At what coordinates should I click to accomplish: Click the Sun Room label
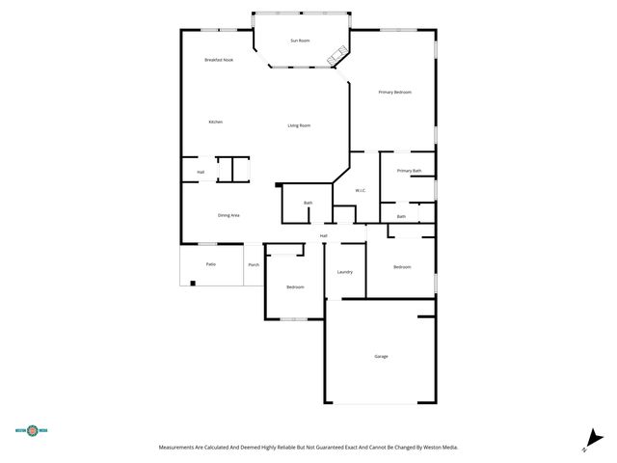click(301, 41)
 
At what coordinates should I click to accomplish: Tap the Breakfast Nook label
click(219, 61)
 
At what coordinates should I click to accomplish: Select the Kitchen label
click(216, 122)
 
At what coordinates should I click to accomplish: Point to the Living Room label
click(299, 125)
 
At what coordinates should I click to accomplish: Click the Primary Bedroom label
click(395, 92)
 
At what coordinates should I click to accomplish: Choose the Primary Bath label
click(410, 171)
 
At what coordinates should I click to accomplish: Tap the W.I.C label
click(361, 190)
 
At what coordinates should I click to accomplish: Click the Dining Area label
click(228, 215)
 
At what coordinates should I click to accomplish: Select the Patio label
click(210, 263)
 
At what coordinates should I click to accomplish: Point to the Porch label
click(254, 264)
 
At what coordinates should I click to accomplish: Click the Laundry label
click(344, 272)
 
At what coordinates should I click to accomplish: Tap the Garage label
click(382, 357)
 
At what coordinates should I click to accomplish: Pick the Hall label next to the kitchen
click(201, 173)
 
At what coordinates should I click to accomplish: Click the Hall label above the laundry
click(324, 235)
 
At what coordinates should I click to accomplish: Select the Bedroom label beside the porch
click(295, 287)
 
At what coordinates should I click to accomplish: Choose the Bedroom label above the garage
click(402, 267)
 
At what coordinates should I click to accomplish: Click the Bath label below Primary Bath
click(402, 217)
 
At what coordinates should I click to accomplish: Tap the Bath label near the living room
click(308, 203)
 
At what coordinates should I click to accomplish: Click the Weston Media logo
click(33, 431)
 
